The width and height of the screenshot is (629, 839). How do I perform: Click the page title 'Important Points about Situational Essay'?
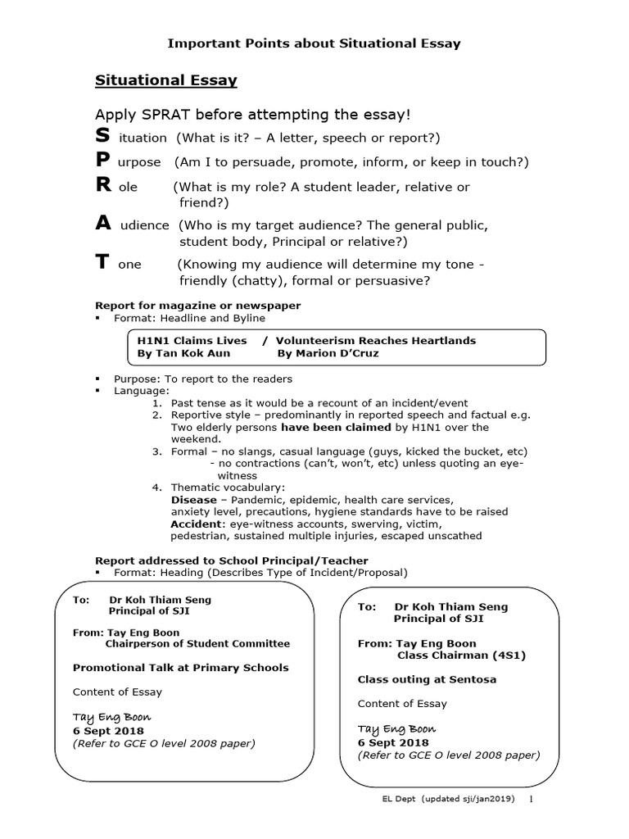click(x=314, y=43)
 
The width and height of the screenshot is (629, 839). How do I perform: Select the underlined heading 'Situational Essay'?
click(x=166, y=80)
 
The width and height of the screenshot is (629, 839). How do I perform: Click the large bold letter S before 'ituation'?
click(x=102, y=136)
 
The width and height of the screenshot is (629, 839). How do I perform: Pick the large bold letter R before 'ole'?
click(x=103, y=185)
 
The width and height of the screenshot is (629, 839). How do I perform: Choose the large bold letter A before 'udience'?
click(x=103, y=223)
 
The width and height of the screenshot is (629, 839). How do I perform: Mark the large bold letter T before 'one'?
click(x=102, y=262)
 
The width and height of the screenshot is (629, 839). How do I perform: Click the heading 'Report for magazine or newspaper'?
click(x=197, y=306)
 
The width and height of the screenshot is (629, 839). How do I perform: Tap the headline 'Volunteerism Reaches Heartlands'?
click(x=375, y=341)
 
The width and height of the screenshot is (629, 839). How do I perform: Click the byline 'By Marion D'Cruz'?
click(x=328, y=354)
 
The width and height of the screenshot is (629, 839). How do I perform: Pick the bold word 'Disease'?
click(x=193, y=500)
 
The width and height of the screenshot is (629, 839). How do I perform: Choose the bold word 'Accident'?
click(x=197, y=524)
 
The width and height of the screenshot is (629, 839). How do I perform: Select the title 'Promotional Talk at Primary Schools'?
click(x=180, y=668)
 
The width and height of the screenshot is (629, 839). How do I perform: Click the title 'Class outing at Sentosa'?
click(x=427, y=679)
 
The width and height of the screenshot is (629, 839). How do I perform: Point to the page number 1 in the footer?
click(x=532, y=799)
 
